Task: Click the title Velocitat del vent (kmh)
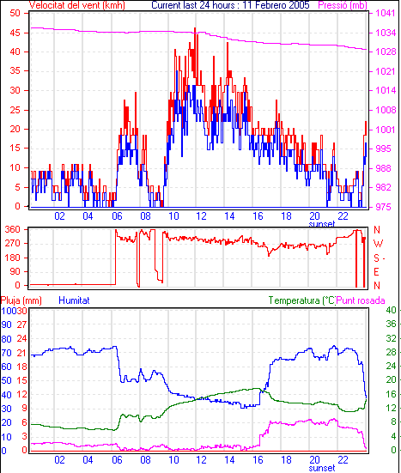coord(76,5)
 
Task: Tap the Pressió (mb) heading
coord(343,5)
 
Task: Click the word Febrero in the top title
coord(267,5)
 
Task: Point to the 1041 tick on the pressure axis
coord(386,13)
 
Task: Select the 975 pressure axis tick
coord(383,207)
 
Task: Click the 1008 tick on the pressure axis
coord(386,110)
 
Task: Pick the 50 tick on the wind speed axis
coord(15,13)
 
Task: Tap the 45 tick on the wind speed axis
coord(15,33)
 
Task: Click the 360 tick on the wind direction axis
coord(13,229)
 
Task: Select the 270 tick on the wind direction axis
coord(13,243)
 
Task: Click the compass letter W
coord(378,243)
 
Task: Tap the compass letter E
coord(376,272)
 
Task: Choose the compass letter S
coord(376,258)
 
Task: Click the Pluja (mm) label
coord(21,300)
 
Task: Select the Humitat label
coord(74,300)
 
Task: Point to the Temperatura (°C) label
coord(301,300)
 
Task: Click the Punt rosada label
coord(361,300)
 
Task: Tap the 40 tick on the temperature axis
coord(391,310)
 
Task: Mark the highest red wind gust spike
coord(195,28)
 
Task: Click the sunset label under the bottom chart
coord(322,468)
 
